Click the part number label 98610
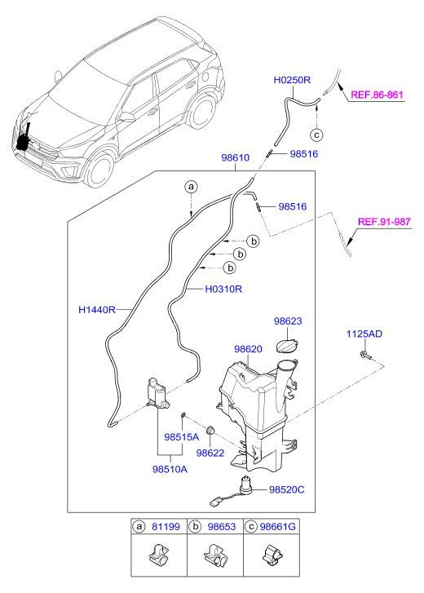235,157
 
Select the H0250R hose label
292,80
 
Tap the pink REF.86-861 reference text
377,95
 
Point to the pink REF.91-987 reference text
384,222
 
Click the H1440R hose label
97,310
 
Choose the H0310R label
223,290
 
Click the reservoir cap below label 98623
288,347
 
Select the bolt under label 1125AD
365,355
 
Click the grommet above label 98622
210,430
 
